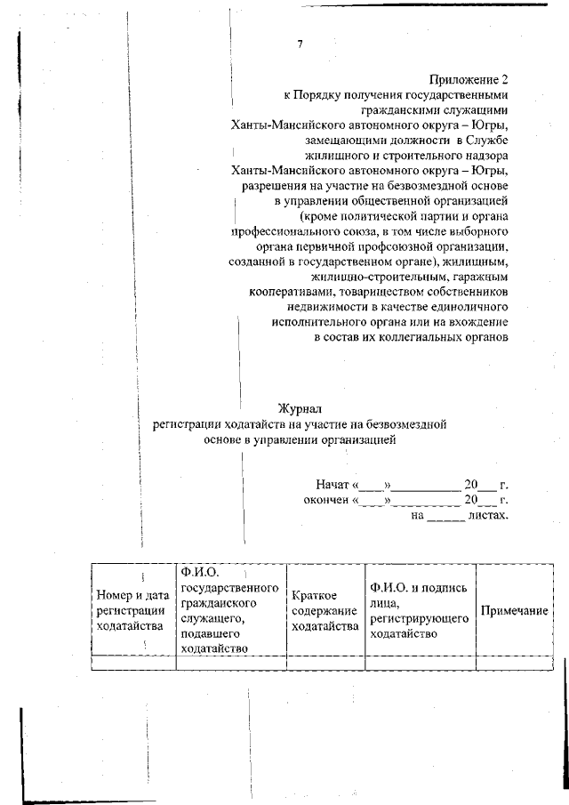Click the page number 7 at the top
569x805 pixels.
tap(301, 44)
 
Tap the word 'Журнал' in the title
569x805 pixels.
tap(299, 408)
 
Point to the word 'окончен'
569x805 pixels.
tap(326, 500)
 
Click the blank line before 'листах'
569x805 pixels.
tap(445, 517)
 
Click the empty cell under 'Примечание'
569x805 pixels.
tap(513, 663)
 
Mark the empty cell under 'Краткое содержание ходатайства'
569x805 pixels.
tap(324, 663)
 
